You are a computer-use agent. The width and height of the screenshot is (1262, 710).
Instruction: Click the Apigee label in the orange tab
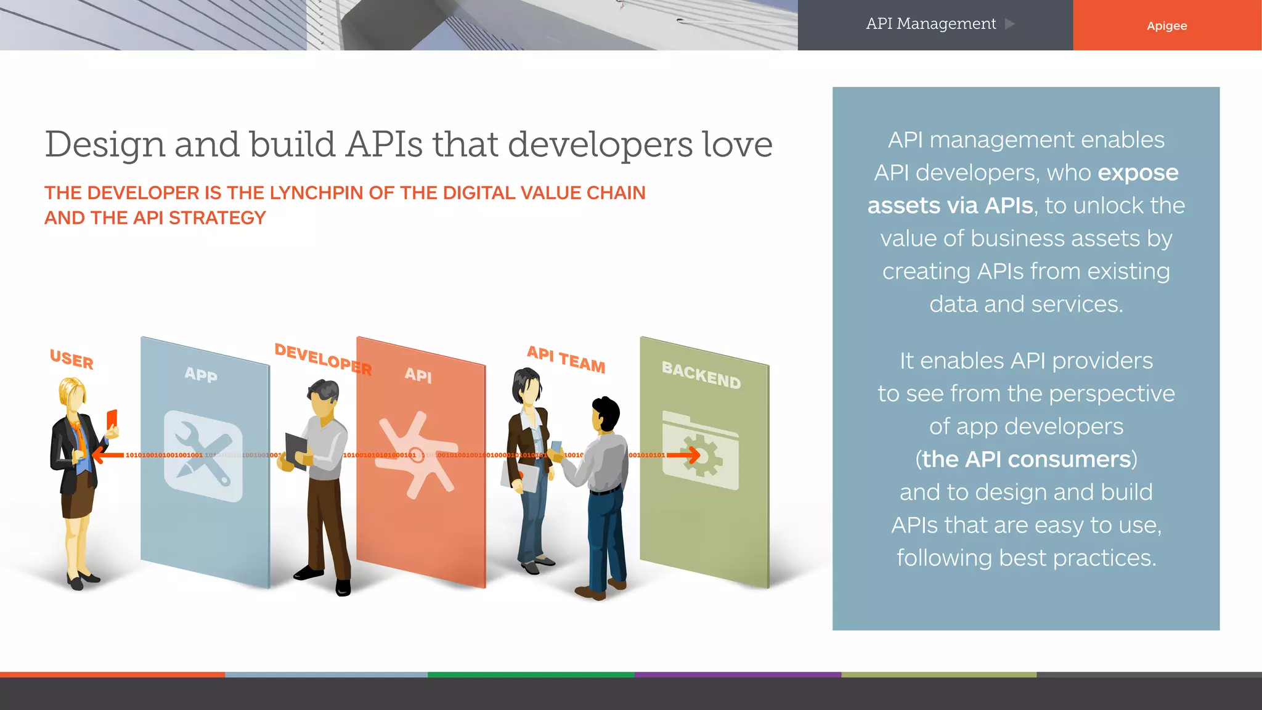(1166, 26)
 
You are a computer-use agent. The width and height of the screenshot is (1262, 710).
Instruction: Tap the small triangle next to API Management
(1009, 24)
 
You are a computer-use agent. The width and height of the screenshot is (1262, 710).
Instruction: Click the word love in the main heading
(737, 144)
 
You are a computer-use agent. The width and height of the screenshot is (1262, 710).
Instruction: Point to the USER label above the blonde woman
(71, 359)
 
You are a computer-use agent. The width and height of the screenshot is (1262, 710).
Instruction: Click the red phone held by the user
(112, 419)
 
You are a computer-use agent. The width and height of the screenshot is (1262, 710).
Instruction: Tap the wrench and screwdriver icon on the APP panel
(203, 456)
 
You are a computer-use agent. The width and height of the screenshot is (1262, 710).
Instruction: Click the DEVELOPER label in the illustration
(322, 359)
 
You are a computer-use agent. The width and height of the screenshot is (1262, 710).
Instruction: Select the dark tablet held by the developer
(296, 450)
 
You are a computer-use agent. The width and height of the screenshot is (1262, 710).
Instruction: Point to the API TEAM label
(566, 359)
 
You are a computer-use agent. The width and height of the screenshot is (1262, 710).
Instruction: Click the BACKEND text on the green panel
(701, 375)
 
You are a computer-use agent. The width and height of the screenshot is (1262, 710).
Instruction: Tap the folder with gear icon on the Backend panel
(701, 451)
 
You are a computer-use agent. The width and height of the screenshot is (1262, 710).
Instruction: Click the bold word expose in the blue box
(1138, 173)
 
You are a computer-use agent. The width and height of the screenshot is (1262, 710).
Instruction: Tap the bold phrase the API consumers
(1026, 459)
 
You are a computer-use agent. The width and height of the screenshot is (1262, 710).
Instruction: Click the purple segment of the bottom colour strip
(738, 675)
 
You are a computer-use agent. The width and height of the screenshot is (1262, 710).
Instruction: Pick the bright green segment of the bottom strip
(531, 675)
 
